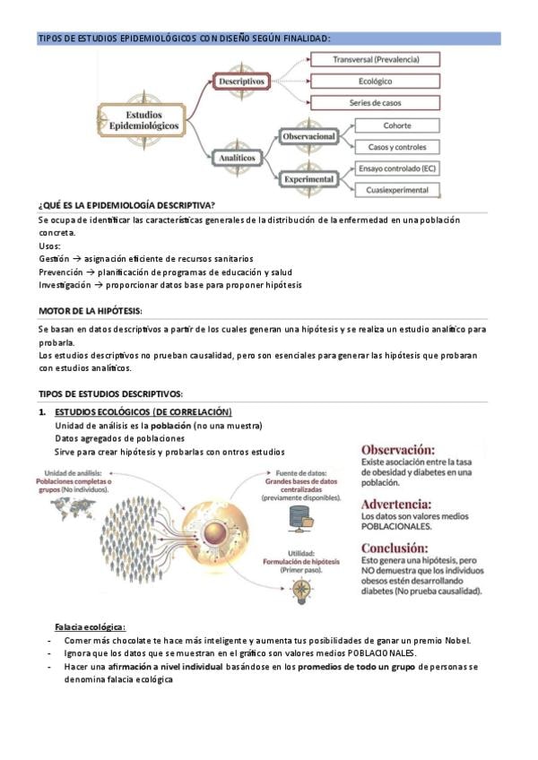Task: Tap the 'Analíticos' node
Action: [x=237, y=158]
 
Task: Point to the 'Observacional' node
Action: [x=308, y=136]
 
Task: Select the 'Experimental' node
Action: [x=308, y=179]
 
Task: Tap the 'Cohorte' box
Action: [x=397, y=125]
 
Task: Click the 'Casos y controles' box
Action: [x=397, y=147]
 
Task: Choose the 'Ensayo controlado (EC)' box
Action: [x=397, y=168]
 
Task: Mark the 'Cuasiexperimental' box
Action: [x=397, y=190]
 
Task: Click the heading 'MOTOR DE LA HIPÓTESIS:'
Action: [x=90, y=310]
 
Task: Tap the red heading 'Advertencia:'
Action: [x=399, y=504]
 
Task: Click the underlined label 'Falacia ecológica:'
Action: [x=90, y=626]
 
